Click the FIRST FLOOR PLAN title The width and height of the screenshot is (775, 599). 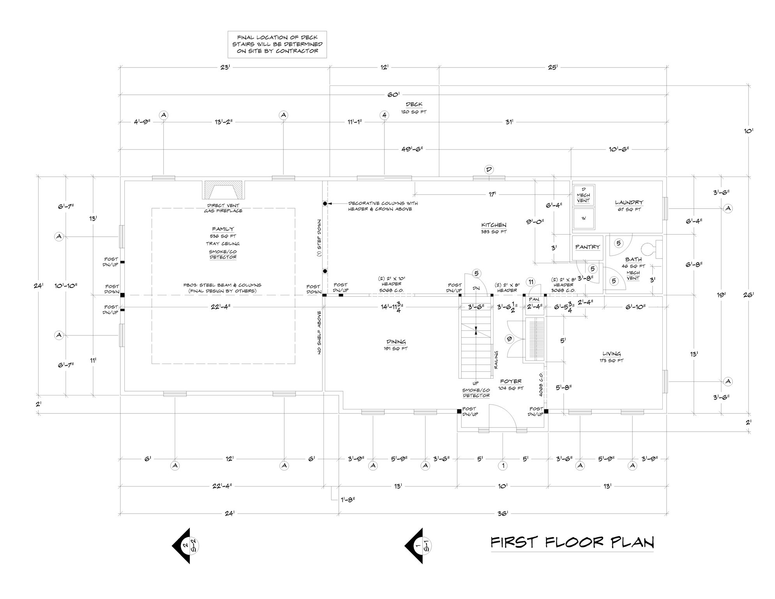click(x=572, y=542)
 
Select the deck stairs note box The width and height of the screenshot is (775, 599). click(x=277, y=44)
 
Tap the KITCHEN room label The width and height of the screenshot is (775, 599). click(x=494, y=225)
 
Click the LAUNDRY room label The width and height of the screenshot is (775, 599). click(x=629, y=202)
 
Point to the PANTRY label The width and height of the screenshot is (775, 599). click(x=587, y=247)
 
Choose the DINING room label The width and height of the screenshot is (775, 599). click(x=396, y=342)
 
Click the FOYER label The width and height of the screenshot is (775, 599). click(x=511, y=381)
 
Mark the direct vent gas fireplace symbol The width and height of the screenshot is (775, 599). click(x=224, y=191)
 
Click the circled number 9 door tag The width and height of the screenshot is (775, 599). click(x=509, y=339)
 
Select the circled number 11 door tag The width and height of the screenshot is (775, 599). click(x=530, y=282)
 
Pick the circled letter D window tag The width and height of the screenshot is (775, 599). click(x=489, y=169)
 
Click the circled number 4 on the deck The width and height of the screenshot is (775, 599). click(x=384, y=115)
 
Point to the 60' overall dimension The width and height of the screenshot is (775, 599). click(x=393, y=95)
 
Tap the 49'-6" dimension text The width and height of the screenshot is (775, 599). click(x=412, y=149)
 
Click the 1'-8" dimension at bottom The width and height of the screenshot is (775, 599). click(x=347, y=500)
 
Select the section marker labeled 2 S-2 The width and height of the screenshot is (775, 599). click(x=184, y=546)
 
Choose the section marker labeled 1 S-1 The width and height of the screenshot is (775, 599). click(x=417, y=546)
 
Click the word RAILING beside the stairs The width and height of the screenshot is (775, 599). click(x=496, y=360)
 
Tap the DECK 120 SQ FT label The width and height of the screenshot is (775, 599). click(x=414, y=108)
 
